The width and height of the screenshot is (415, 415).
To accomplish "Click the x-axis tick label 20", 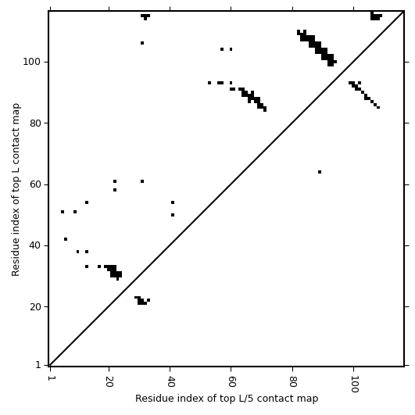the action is click(109, 381).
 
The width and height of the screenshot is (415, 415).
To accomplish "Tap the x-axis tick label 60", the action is click(231, 381).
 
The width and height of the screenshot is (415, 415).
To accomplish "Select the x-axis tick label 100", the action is click(353, 384).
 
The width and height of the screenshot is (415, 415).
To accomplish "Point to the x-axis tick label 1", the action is click(50, 378).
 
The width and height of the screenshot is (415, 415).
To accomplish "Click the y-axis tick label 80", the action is click(35, 123).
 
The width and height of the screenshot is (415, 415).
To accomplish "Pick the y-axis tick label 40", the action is click(35, 245).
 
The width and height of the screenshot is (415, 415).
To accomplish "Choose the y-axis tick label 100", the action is click(32, 62).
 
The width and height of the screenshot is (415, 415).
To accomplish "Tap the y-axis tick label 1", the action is click(38, 365).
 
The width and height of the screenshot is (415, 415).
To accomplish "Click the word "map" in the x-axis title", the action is click(309, 399).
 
